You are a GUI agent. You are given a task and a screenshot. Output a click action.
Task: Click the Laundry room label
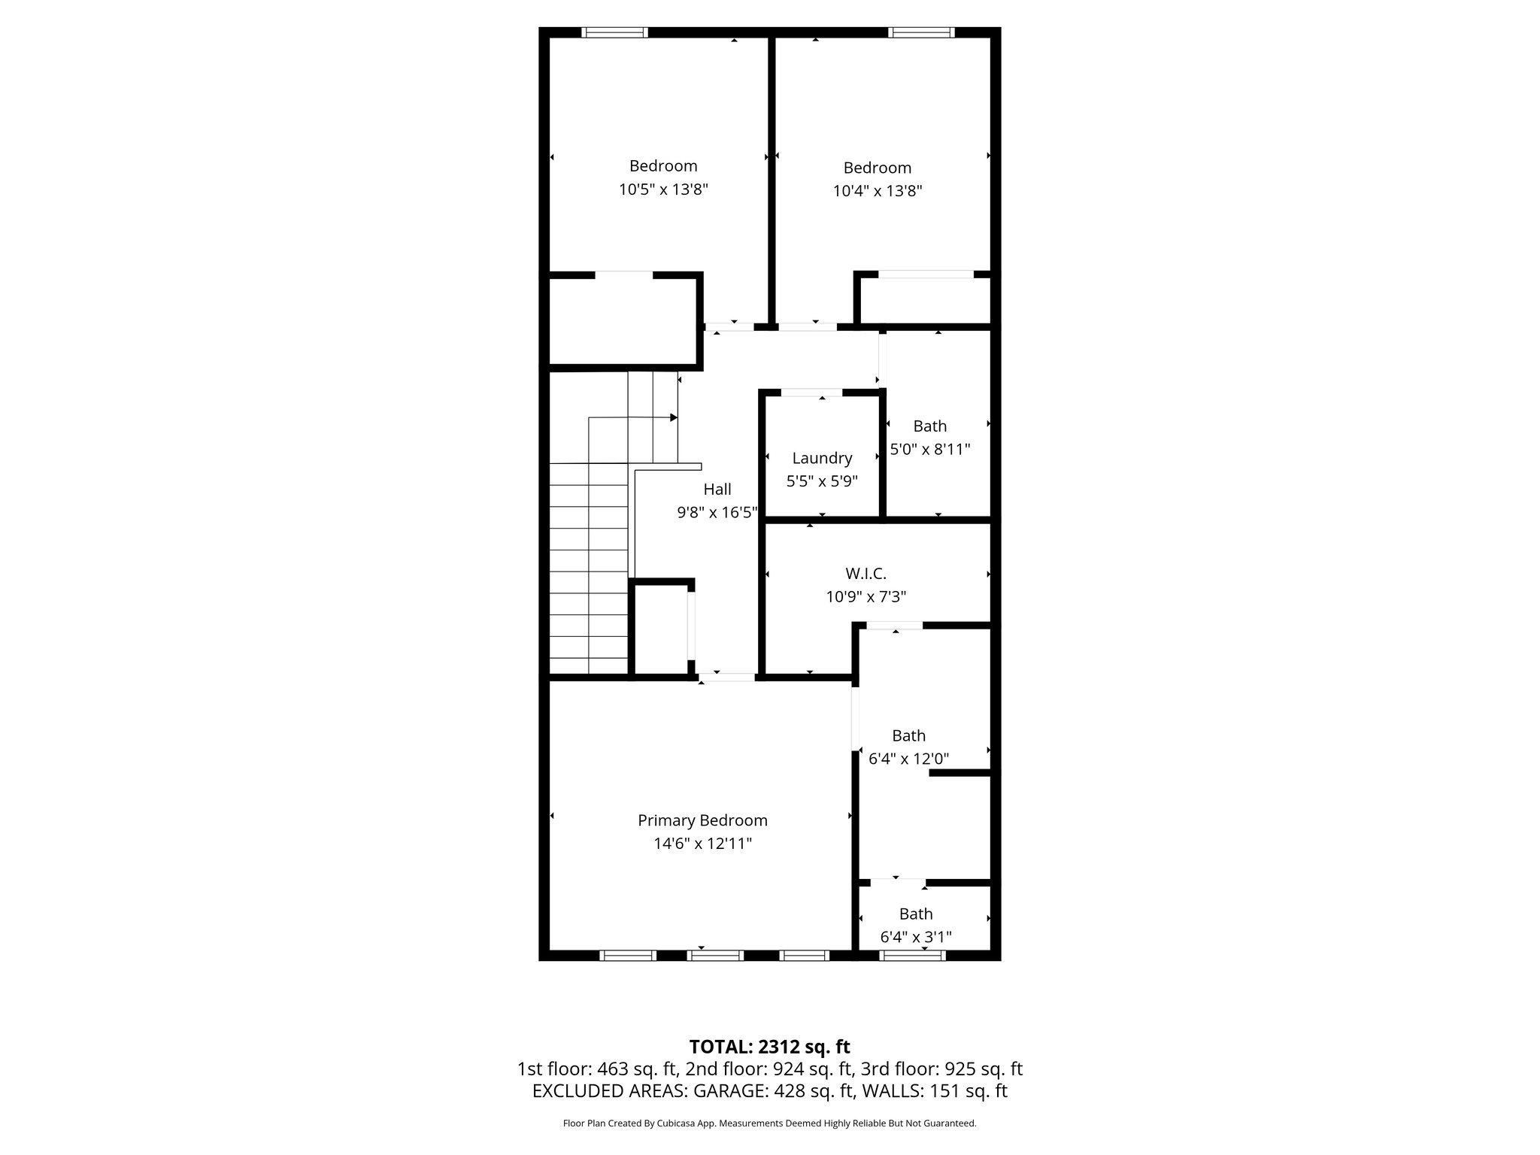(x=822, y=458)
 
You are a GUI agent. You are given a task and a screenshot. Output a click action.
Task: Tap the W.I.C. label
(x=865, y=574)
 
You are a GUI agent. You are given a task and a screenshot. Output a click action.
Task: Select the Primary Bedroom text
(x=702, y=820)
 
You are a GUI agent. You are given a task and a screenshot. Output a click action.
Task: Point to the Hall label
(x=717, y=490)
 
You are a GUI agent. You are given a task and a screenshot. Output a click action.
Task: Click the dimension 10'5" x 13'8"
(x=663, y=189)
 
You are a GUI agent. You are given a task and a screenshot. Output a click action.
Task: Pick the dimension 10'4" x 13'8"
(x=877, y=191)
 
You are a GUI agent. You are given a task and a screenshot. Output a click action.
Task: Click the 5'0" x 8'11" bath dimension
(x=930, y=450)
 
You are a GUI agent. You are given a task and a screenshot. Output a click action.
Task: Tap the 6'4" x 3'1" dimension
(x=916, y=937)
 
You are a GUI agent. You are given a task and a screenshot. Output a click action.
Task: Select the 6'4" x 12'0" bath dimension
(x=908, y=759)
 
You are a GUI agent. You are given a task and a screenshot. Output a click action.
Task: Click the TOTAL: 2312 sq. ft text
(x=769, y=1047)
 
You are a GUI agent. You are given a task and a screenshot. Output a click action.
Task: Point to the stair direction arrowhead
(x=674, y=417)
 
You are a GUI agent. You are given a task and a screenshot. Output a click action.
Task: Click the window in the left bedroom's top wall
(x=615, y=32)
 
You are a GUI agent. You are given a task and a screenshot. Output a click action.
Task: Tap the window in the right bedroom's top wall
(x=921, y=32)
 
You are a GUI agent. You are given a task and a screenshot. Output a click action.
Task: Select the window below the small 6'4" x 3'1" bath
(x=912, y=956)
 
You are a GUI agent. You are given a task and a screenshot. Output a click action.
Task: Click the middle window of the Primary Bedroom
(x=716, y=956)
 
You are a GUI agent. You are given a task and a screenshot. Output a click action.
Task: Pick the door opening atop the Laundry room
(x=811, y=392)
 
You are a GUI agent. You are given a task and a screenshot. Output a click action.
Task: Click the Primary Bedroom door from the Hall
(x=726, y=678)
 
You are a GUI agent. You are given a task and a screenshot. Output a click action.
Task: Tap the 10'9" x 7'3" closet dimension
(x=865, y=597)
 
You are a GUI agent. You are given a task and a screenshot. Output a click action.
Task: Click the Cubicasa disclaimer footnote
(x=769, y=1123)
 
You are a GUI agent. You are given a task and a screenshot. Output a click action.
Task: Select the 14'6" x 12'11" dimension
(x=702, y=844)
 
